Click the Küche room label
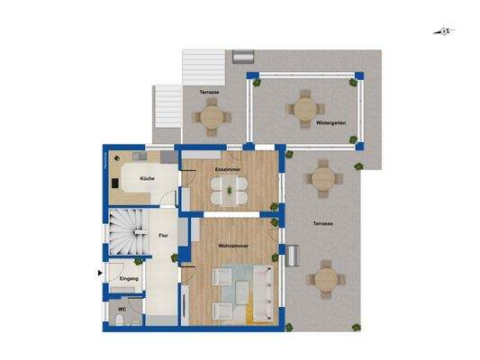[x=147, y=179]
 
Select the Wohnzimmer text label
[x=233, y=245]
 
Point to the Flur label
[x=163, y=235]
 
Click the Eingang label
[x=130, y=279]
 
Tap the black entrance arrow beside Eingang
[x=100, y=271]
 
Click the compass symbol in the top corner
[x=445, y=32]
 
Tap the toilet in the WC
[x=132, y=318]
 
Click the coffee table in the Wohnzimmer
[x=240, y=287]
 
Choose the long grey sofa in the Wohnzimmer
[x=262, y=293]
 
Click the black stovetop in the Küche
[x=116, y=182]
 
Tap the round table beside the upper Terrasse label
[x=213, y=114]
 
